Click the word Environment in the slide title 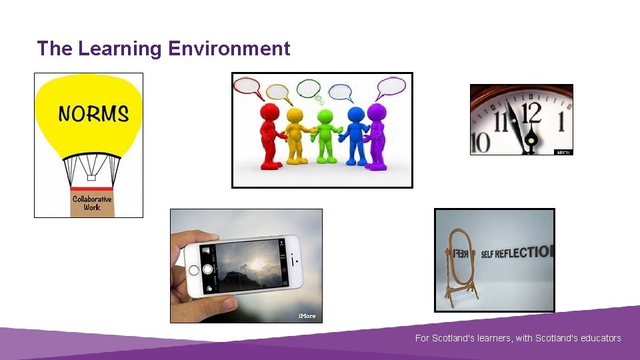(x=229, y=49)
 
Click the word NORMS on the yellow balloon (x=93, y=113)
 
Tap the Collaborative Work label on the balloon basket (x=92, y=203)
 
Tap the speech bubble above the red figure (x=247, y=86)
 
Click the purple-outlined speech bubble (x=391, y=87)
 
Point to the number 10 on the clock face (x=480, y=141)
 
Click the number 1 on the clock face (x=561, y=122)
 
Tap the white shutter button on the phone (x=207, y=269)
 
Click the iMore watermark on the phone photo (x=307, y=315)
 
